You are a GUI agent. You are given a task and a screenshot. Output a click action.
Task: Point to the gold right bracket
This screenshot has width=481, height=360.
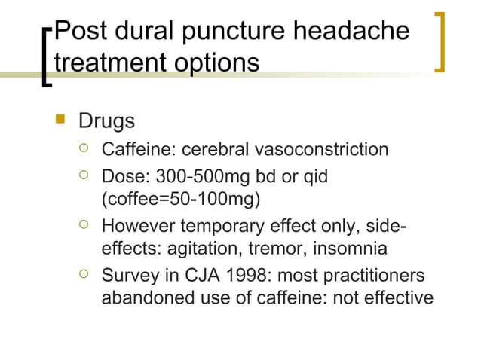pyautogui.click(x=442, y=41)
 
